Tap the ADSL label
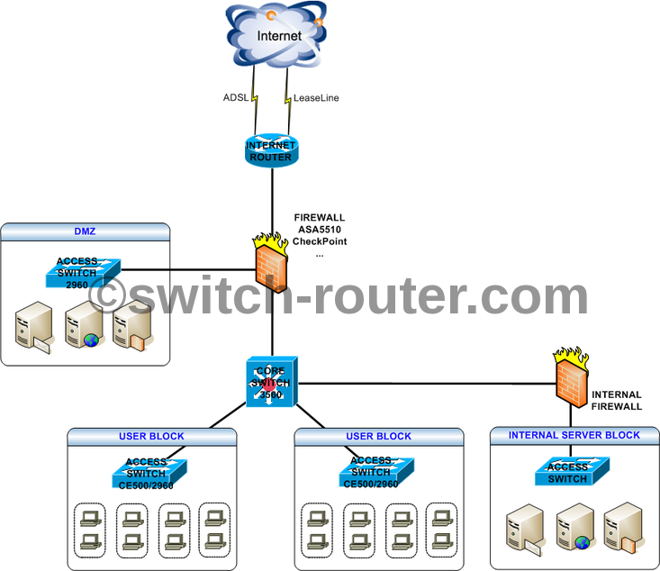click(x=236, y=97)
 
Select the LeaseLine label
click(x=315, y=97)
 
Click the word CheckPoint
click(x=321, y=242)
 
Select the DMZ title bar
click(x=85, y=231)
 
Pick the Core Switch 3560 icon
click(x=271, y=382)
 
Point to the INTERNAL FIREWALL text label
click(x=617, y=401)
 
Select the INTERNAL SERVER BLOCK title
click(x=574, y=435)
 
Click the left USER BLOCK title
click(x=151, y=436)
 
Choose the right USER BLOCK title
click(x=378, y=436)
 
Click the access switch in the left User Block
click(x=149, y=471)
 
